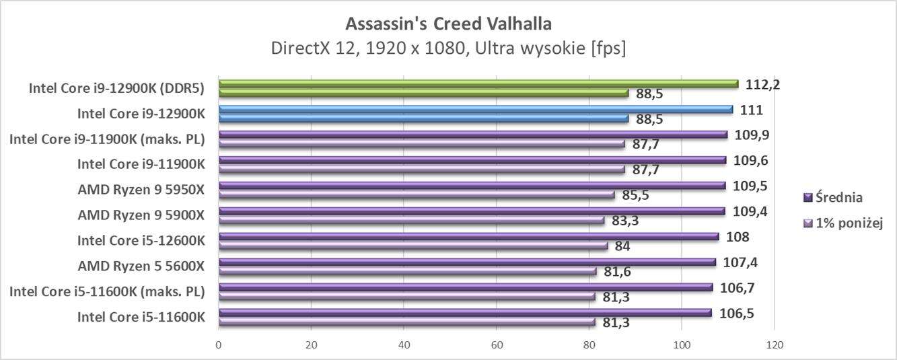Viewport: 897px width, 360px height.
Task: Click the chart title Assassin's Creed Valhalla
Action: (x=448, y=24)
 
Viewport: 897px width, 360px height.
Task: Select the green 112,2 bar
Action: (x=478, y=84)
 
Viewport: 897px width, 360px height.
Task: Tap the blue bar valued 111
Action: (x=475, y=109)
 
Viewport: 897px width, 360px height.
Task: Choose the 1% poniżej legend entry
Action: (x=842, y=223)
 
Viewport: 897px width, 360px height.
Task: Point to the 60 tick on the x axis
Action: (x=496, y=345)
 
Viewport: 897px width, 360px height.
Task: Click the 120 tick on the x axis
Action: (x=774, y=345)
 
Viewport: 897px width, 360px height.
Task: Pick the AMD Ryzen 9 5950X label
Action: (x=141, y=189)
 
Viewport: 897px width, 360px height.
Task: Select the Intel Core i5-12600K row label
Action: (x=141, y=240)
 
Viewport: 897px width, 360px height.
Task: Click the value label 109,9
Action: (x=752, y=135)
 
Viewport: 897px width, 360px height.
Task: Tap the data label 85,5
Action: (x=635, y=195)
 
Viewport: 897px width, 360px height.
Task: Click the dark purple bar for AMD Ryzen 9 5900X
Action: (x=471, y=211)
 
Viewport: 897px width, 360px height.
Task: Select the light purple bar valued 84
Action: (x=413, y=246)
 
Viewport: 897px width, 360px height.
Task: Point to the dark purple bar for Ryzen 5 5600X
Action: (x=467, y=262)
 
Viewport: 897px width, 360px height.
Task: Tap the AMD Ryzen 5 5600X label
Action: (x=141, y=266)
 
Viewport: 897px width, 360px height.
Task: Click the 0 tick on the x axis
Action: (x=219, y=345)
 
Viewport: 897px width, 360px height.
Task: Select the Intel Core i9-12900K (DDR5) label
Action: (x=116, y=87)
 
